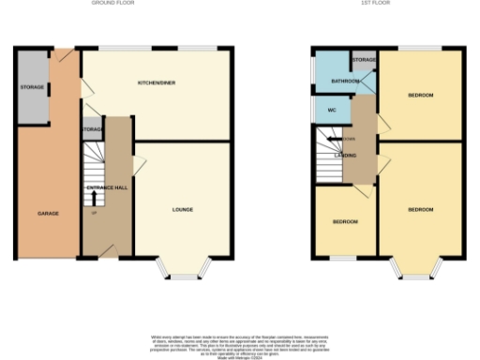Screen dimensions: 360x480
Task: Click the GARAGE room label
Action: (x=48, y=214)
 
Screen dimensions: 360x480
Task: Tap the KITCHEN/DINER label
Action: (x=157, y=83)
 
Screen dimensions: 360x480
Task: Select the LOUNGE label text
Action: (x=183, y=208)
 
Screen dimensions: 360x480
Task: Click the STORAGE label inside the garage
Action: (x=32, y=89)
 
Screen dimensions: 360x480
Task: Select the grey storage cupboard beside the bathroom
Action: (x=364, y=61)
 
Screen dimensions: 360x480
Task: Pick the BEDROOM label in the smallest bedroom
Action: (x=345, y=221)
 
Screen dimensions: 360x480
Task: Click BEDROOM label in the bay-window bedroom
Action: (x=420, y=209)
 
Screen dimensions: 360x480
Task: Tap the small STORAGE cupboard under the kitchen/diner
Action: (x=92, y=129)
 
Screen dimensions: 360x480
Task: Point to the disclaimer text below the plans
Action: (x=240, y=342)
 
